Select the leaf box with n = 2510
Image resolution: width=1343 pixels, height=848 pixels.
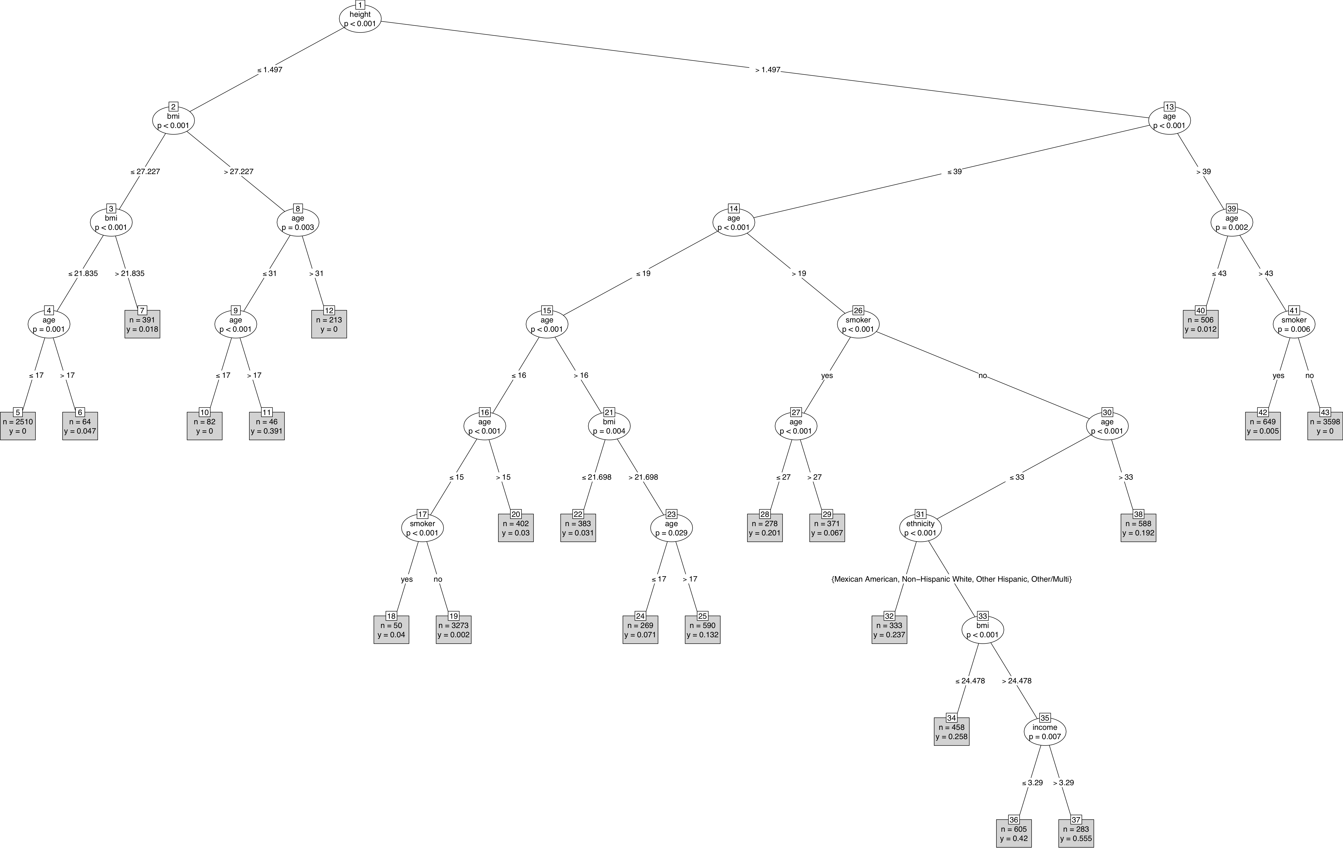pyautogui.click(x=18, y=426)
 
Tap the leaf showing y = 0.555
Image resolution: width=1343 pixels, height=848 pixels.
pyautogui.click(x=1076, y=834)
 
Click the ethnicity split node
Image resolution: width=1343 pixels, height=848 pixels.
pyautogui.click(x=920, y=528)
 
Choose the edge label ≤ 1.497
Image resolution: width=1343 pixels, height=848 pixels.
pyautogui.click(x=270, y=70)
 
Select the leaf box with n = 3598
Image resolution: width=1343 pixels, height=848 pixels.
pyautogui.click(x=1325, y=426)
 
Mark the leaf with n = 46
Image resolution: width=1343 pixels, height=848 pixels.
pyautogui.click(x=267, y=426)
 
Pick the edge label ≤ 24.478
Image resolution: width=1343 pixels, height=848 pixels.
pyautogui.click(x=970, y=681)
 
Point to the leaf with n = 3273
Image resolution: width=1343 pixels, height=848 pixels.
pyautogui.click(x=453, y=630)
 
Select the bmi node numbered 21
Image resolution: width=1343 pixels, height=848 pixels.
pyautogui.click(x=609, y=426)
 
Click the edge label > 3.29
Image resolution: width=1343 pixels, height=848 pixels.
pyautogui.click(x=1063, y=783)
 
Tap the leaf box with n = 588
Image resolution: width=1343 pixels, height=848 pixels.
pyautogui.click(x=1138, y=528)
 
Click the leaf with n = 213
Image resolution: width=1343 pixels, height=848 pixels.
pyautogui.click(x=329, y=324)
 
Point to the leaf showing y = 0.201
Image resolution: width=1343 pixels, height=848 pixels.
pyautogui.click(x=765, y=528)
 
